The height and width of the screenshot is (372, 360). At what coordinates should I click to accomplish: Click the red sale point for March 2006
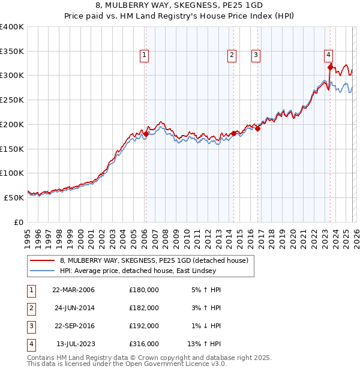pos(145,134)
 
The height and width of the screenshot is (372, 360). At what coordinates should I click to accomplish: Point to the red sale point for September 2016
pos(257,128)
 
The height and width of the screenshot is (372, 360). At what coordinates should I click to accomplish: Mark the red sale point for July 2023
pos(330,67)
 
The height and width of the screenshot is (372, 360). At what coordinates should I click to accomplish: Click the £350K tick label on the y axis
pos(12,52)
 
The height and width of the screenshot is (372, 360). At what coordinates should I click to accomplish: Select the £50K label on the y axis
pos(14,197)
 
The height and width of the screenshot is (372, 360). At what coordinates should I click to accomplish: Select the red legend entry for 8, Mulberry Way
pos(158,260)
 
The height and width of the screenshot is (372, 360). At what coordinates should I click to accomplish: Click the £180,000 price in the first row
pos(143,289)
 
